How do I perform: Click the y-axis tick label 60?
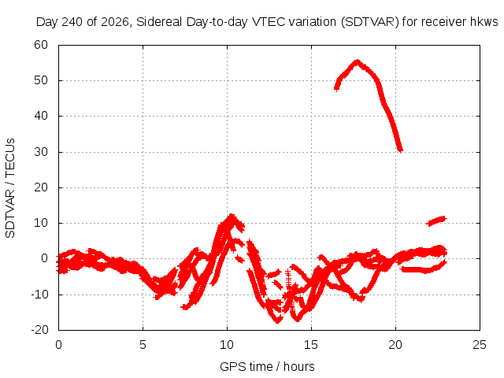coord(41,45)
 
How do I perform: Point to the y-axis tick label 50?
coord(41,80)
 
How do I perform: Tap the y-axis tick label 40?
coord(41,116)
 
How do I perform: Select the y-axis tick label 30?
coord(41,152)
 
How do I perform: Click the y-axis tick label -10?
coord(39,295)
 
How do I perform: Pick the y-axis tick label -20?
coord(39,330)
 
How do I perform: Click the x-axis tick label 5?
coord(143,345)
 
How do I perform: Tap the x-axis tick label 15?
coord(311,345)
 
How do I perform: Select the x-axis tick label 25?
coord(480,345)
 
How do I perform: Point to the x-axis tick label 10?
coord(227,345)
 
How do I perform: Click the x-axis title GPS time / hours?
coord(267,366)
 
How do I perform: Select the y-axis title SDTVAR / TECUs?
coord(10,188)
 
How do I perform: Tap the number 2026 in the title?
coord(114,22)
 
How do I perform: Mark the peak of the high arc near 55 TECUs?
coord(357,61)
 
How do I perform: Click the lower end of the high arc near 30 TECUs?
coord(400,150)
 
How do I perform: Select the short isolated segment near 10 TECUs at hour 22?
coord(436,220)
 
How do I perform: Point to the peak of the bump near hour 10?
coord(232,216)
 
